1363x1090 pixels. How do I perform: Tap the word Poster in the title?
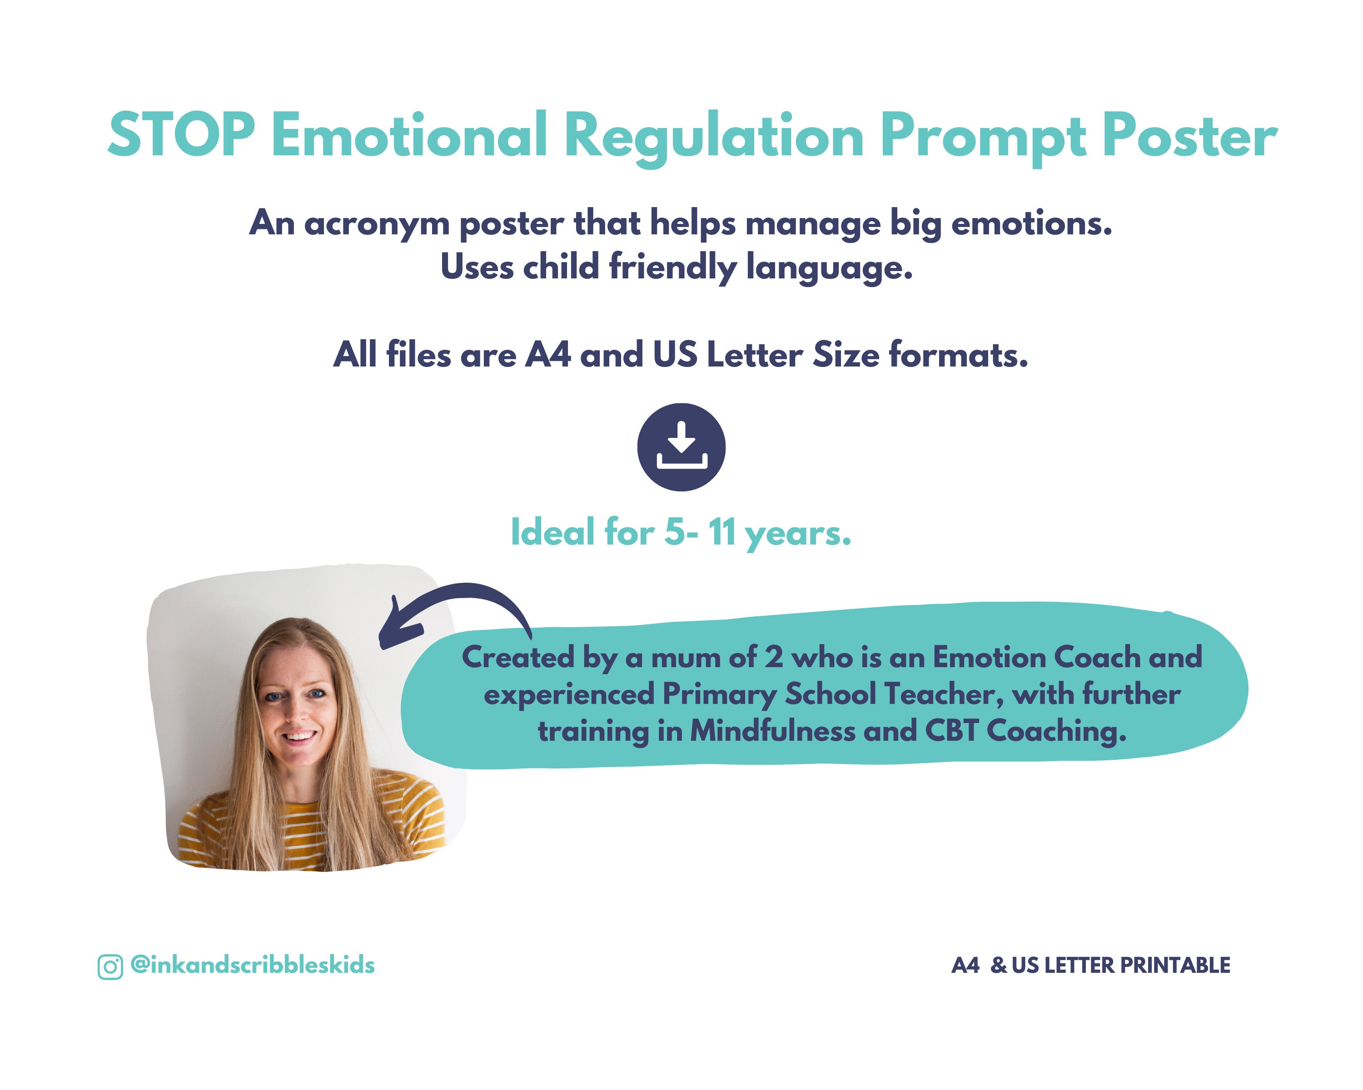tap(1189, 135)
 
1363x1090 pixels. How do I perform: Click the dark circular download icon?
tap(681, 447)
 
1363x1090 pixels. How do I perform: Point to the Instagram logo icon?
tap(110, 967)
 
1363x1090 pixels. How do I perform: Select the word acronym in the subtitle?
tap(377, 224)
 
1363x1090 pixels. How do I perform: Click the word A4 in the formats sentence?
tap(548, 355)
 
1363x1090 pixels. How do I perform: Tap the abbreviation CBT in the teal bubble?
tap(951, 731)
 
